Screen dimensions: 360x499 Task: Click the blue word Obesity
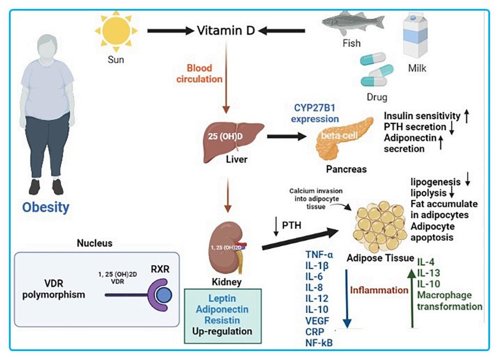pyautogui.click(x=46, y=207)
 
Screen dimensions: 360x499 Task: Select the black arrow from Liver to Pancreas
pyautogui.click(x=285, y=136)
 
